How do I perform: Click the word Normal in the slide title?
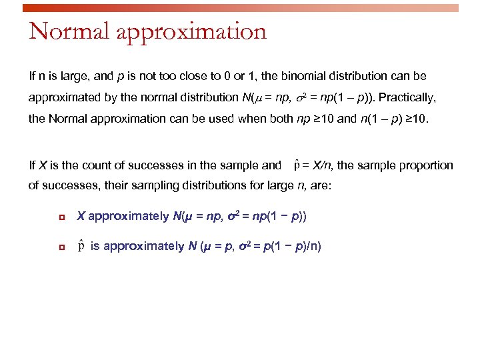coord(61,31)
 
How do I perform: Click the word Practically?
coord(407,97)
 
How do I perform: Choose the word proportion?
coord(424,165)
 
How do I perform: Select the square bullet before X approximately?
coord(61,217)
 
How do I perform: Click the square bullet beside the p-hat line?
coord(61,247)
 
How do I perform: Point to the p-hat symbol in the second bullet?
coord(81,246)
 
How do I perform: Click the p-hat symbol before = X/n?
coord(297,165)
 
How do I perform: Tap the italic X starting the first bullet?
coord(80,216)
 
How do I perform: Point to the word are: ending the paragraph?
coord(321,186)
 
